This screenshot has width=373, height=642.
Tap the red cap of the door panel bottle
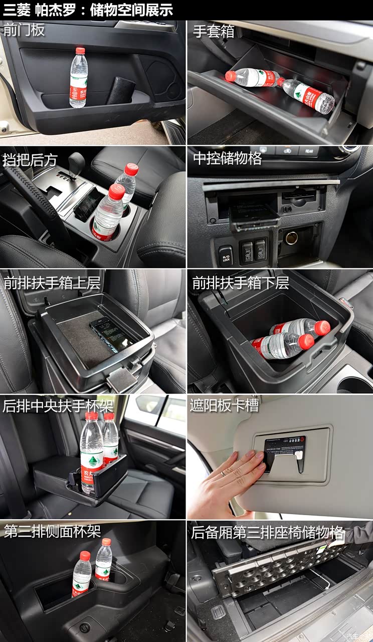[80, 51]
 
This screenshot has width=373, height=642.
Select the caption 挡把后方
[30, 159]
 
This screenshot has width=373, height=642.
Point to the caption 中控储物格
[227, 158]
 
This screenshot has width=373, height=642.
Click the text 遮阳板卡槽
[224, 405]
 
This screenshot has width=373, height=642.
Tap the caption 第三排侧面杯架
[52, 532]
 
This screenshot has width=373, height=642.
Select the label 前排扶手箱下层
[241, 283]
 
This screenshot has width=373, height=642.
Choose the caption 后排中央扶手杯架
[58, 405]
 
